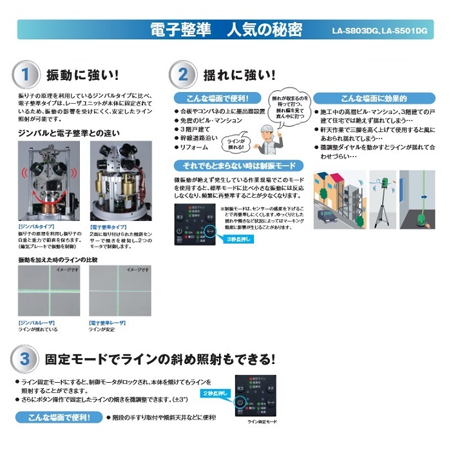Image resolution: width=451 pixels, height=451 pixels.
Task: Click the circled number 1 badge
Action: pos(25,73)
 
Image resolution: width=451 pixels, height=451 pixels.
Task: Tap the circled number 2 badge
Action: pos(182,73)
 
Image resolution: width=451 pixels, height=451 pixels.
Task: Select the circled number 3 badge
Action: pos(25,359)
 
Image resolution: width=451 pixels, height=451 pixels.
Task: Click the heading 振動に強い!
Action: pos(81,73)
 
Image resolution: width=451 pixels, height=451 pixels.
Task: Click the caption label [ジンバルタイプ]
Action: pos(33,227)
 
